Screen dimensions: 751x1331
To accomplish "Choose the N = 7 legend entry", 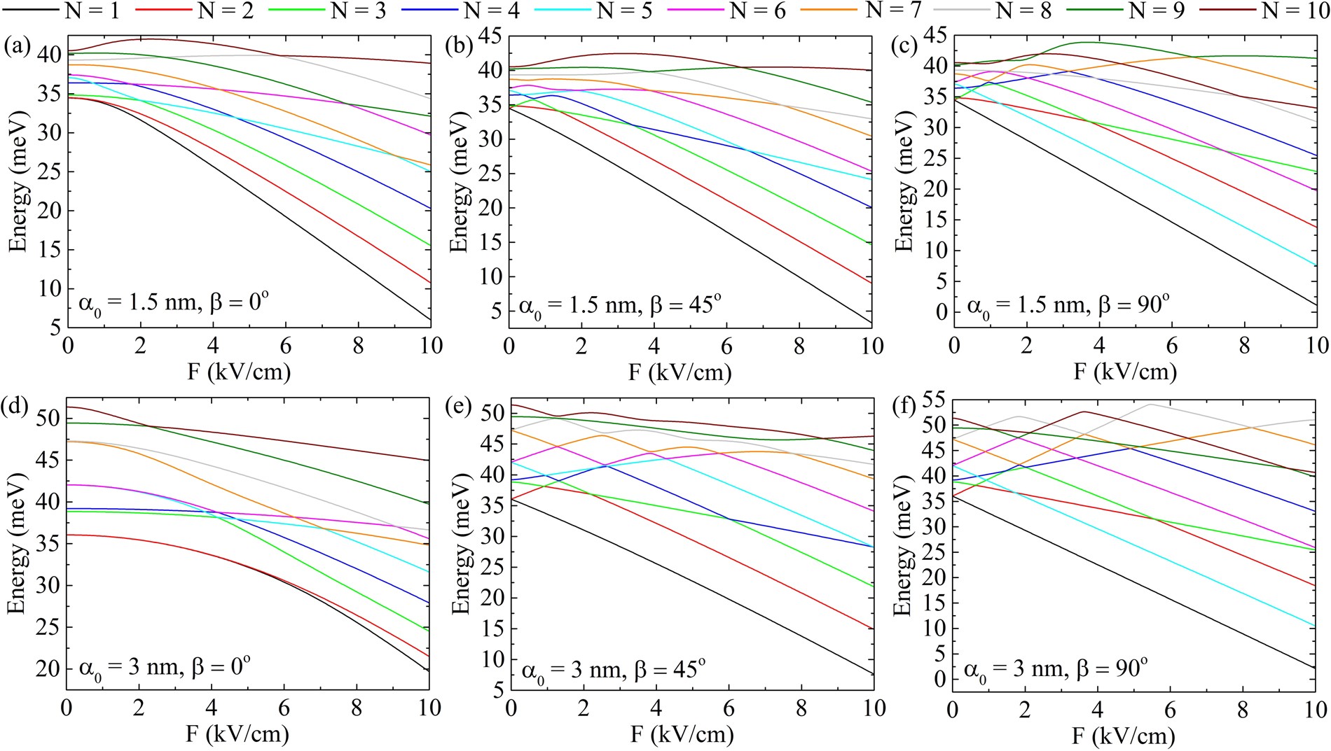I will click(x=892, y=10).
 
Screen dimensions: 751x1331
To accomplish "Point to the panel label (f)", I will click(x=904, y=407).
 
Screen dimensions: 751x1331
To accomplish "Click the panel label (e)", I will click(x=460, y=407).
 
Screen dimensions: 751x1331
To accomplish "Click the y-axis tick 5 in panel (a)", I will click(x=54, y=328).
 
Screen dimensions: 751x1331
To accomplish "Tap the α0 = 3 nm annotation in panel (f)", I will click(x=1010, y=670).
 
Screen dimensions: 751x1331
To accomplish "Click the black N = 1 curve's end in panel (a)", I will click(x=429, y=319).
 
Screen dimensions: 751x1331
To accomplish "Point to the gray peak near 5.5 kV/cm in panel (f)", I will click(x=1150, y=405).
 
